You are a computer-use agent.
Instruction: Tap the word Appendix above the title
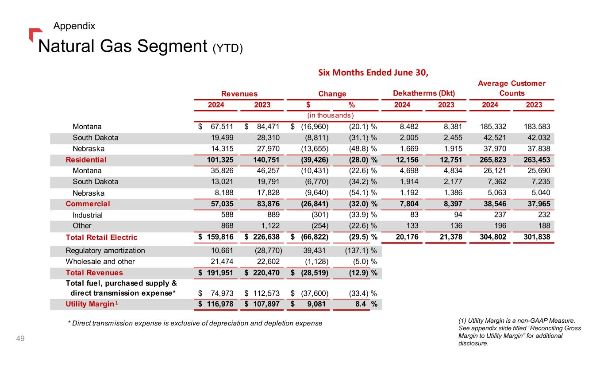click(74, 26)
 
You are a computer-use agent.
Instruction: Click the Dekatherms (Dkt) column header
click(423, 93)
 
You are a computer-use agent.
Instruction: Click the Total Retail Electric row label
click(101, 237)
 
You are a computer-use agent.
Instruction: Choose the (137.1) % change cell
click(360, 251)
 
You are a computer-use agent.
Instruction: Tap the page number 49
click(20, 339)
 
